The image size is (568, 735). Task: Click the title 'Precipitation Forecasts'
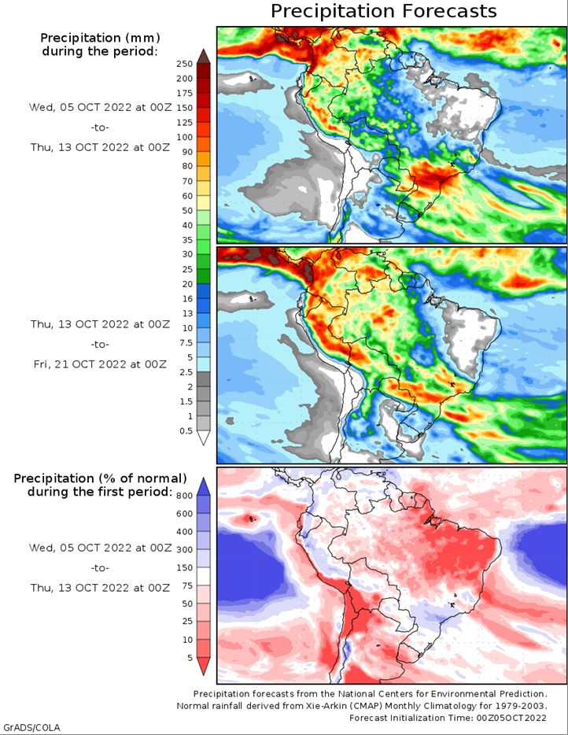383,11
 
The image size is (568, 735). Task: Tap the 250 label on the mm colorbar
185,64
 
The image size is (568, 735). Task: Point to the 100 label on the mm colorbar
185,138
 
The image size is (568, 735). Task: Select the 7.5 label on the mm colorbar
186,342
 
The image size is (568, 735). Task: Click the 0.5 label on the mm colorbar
186,430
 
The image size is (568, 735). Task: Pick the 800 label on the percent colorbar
185,496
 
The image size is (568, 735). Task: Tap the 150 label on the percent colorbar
185,567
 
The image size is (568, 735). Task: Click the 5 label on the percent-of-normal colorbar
190,658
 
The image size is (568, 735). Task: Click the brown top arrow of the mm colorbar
204,56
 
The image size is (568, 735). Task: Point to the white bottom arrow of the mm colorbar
204,438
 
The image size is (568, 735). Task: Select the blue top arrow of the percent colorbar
204,487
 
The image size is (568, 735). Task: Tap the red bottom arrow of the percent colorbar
204,666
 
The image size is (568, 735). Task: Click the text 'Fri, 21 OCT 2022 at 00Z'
100,364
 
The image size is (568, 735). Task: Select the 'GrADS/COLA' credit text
30,727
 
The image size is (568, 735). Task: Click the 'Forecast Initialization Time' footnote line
448,718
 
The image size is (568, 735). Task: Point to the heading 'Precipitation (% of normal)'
100,478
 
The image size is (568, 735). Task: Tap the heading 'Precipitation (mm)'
100,38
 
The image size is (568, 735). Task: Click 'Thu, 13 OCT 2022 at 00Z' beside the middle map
100,324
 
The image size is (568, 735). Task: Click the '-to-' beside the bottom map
100,567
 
